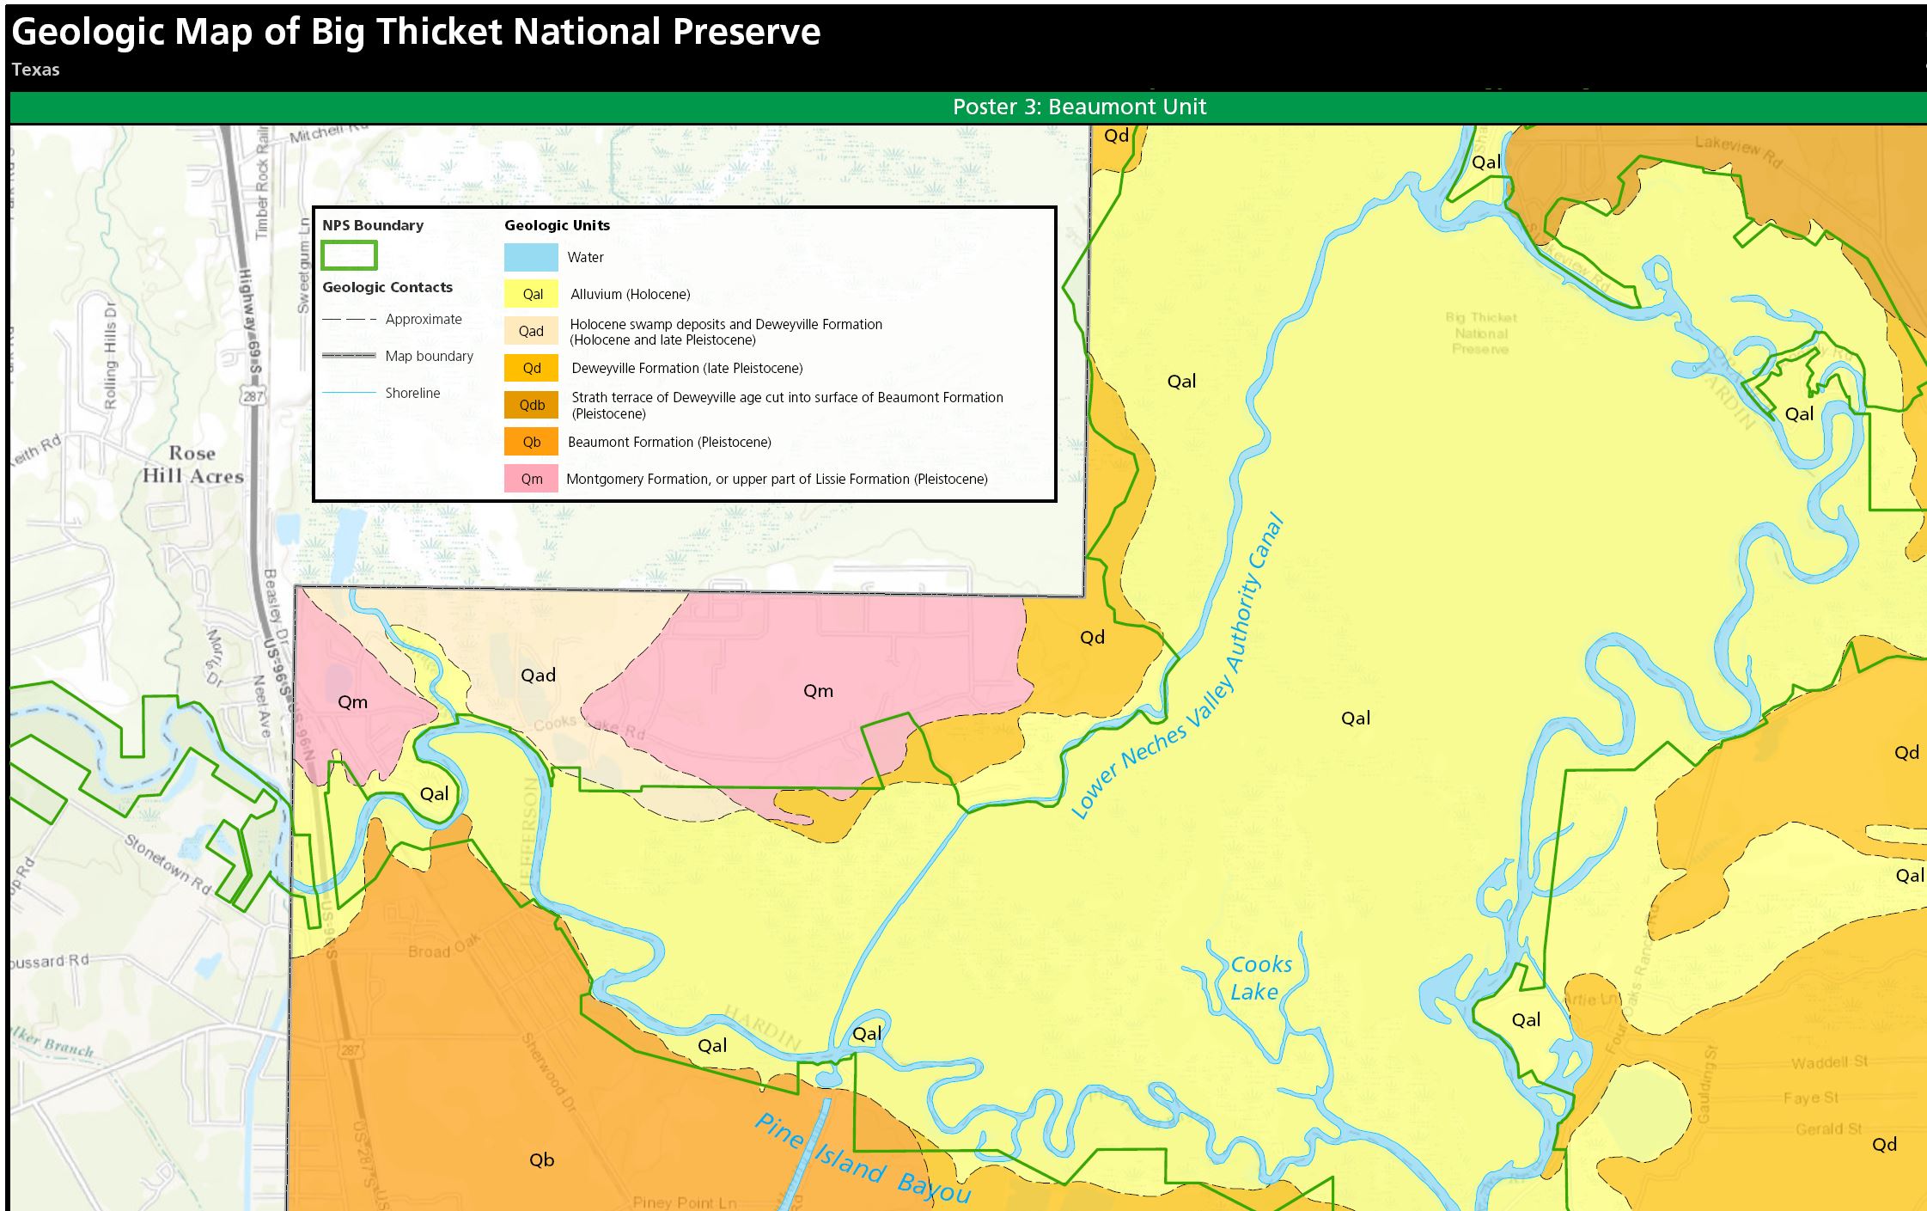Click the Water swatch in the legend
pyautogui.click(x=531, y=257)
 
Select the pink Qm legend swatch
pyautogui.click(x=531, y=479)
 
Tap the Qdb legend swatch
pyautogui.click(x=531, y=405)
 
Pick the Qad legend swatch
pyautogui.click(x=531, y=331)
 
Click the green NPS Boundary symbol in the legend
pyautogui.click(x=349, y=255)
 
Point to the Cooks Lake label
pyautogui.click(x=1259, y=978)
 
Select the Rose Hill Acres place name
pyautogui.click(x=192, y=464)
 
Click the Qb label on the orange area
pyautogui.click(x=541, y=1159)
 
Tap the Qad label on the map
pyautogui.click(x=538, y=675)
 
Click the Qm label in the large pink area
pyautogui.click(x=818, y=690)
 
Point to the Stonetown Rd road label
pyautogui.click(x=168, y=863)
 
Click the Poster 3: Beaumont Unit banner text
pyautogui.click(x=1079, y=107)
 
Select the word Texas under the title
pyautogui.click(x=35, y=70)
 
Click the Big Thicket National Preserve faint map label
pyautogui.click(x=1480, y=333)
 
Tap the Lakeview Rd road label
pyautogui.click(x=1738, y=151)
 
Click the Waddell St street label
pyautogui.click(x=1829, y=1062)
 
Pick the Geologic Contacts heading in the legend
pyautogui.click(x=387, y=287)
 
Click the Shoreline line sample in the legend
pyautogui.click(x=349, y=393)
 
